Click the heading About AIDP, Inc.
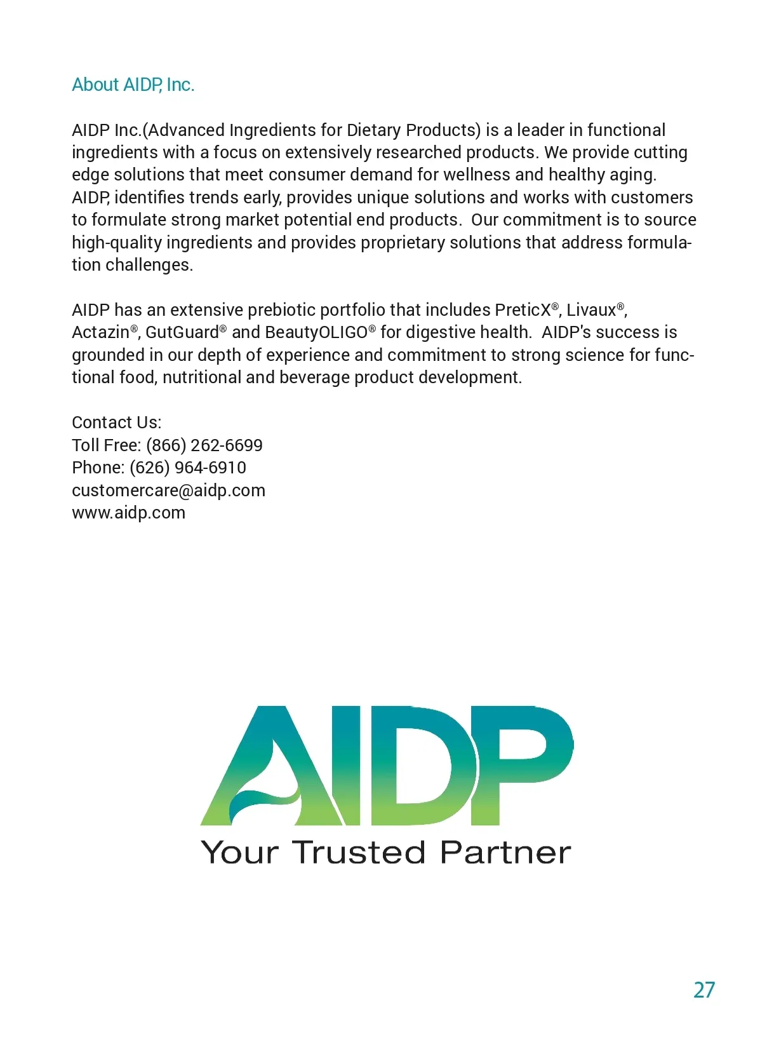[133, 85]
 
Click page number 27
[704, 989]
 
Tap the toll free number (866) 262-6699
[204, 445]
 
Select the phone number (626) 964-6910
[187, 468]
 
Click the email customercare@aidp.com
[168, 491]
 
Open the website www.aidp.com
[128, 513]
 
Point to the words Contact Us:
[116, 423]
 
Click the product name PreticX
[523, 310]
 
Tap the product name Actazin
[100, 332]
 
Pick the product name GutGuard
[182, 332]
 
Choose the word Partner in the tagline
[505, 852]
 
